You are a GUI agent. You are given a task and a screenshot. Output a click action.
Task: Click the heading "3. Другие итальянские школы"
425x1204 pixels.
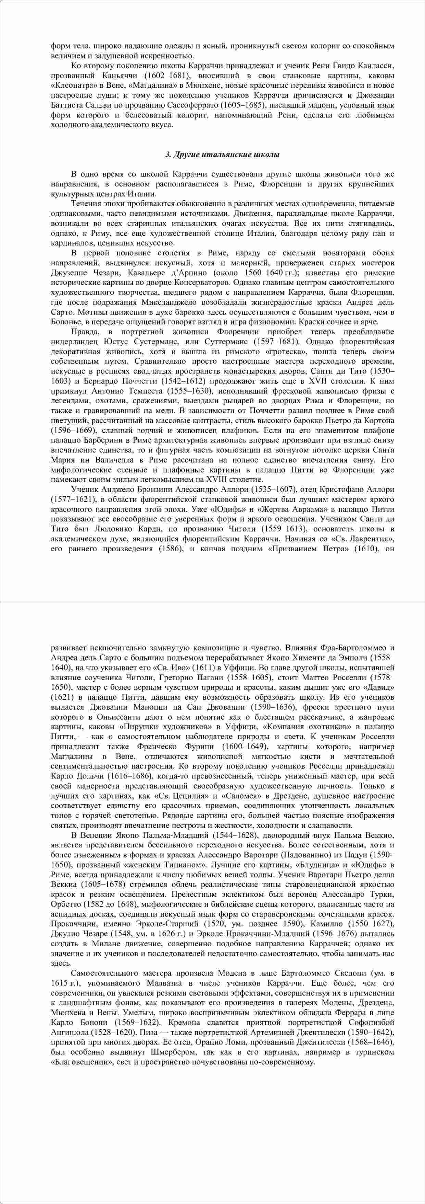click(x=223, y=155)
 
